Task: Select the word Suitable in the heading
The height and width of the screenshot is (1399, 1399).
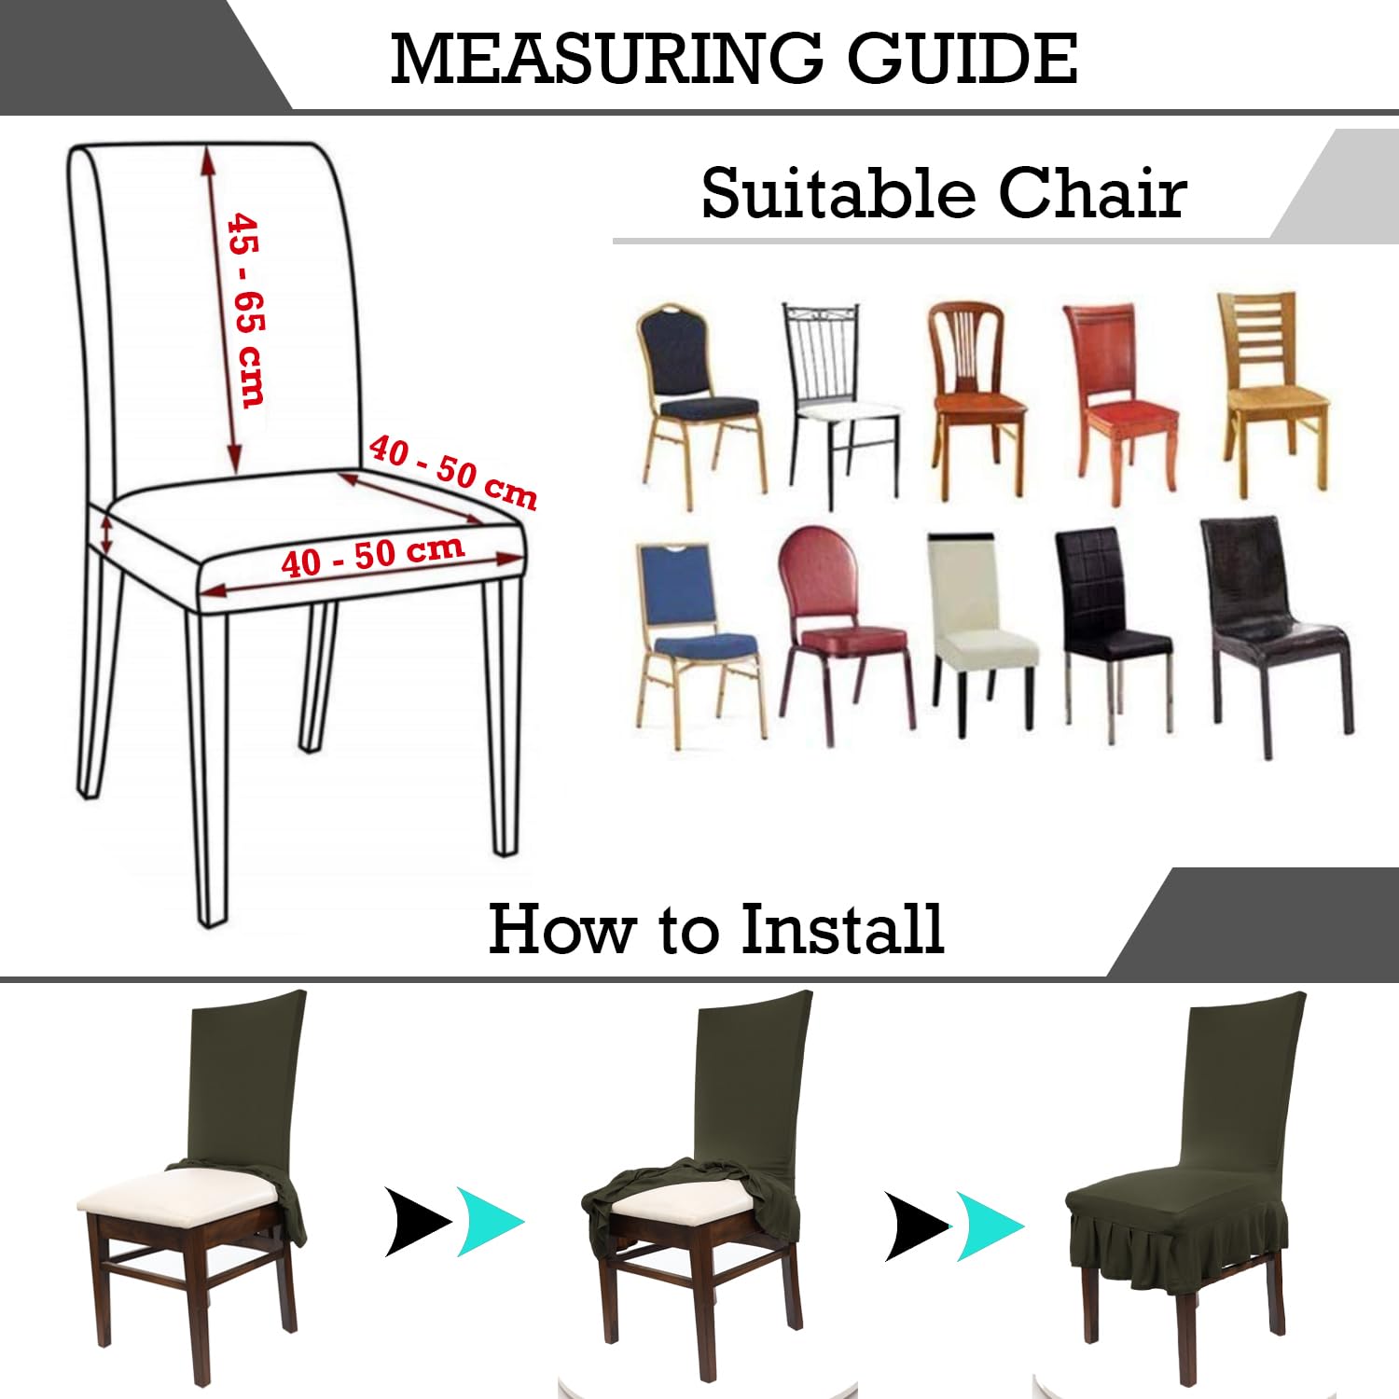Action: coord(837,193)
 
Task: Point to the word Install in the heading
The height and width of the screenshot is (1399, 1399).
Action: coord(842,929)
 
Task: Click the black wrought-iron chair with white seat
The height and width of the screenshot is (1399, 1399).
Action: coord(841,406)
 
